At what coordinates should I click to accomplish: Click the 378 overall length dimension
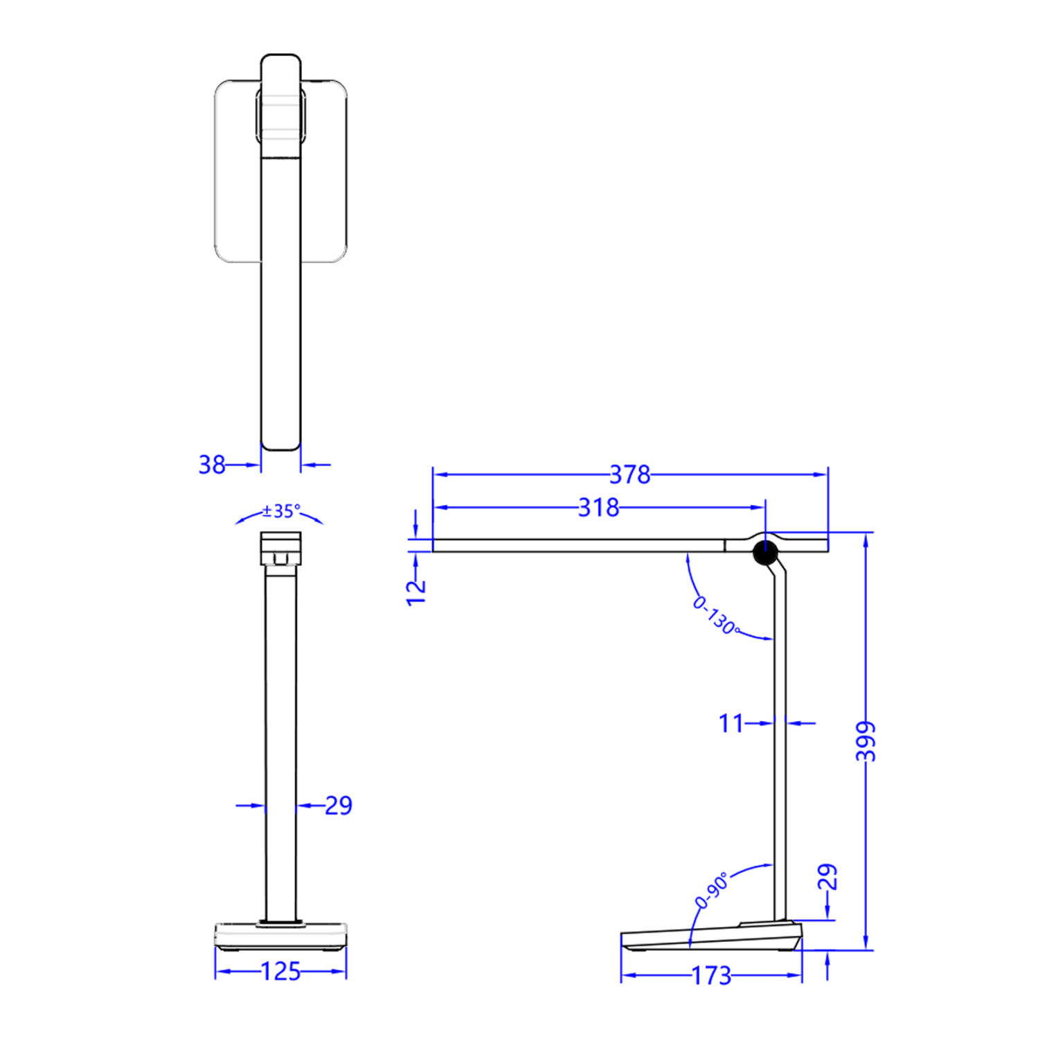pyautogui.click(x=629, y=474)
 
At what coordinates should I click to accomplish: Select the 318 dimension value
pyautogui.click(x=598, y=508)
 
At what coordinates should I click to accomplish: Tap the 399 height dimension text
pyautogui.click(x=866, y=741)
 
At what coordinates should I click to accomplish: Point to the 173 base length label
pyautogui.click(x=711, y=975)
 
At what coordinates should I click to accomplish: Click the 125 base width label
pyautogui.click(x=280, y=971)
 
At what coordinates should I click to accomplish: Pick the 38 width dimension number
pyautogui.click(x=212, y=464)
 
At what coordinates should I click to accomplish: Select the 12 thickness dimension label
pyautogui.click(x=415, y=592)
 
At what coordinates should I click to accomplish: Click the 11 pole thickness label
pyautogui.click(x=731, y=723)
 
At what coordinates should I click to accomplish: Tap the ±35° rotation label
pyautogui.click(x=281, y=511)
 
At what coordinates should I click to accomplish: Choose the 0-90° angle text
pyautogui.click(x=711, y=890)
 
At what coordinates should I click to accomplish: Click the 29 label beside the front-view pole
pyautogui.click(x=338, y=805)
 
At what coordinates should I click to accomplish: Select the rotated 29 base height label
pyautogui.click(x=827, y=877)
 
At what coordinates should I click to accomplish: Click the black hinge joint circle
pyautogui.click(x=765, y=553)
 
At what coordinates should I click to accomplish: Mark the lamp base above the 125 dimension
pyautogui.click(x=280, y=936)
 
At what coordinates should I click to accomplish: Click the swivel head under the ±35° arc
pyautogui.click(x=280, y=549)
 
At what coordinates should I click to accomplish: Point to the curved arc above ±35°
pyautogui.click(x=249, y=517)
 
